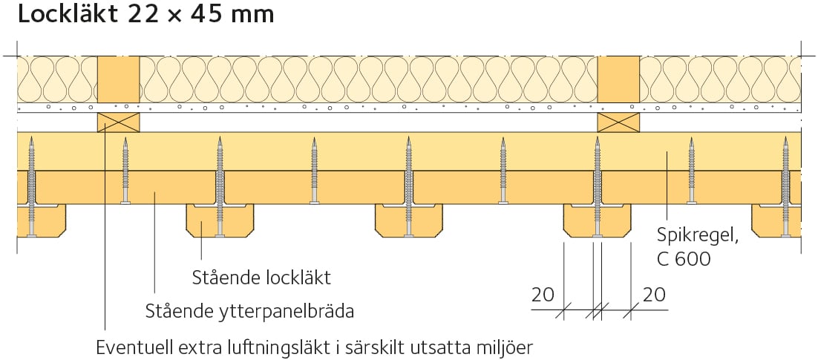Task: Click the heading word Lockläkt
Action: pos(68,14)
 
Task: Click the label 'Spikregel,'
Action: pos(698,238)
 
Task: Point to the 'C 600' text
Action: pos(684,259)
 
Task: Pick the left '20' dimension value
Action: pos(543,295)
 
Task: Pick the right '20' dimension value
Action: pos(654,295)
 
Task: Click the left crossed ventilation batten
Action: pos(119,122)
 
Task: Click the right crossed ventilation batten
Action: pos(618,122)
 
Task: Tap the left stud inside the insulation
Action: pos(119,79)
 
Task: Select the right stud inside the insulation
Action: pos(618,79)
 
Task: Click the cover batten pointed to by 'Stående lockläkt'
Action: pos(220,220)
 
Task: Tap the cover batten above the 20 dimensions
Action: pos(598,220)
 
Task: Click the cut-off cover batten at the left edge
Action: pos(42,220)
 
